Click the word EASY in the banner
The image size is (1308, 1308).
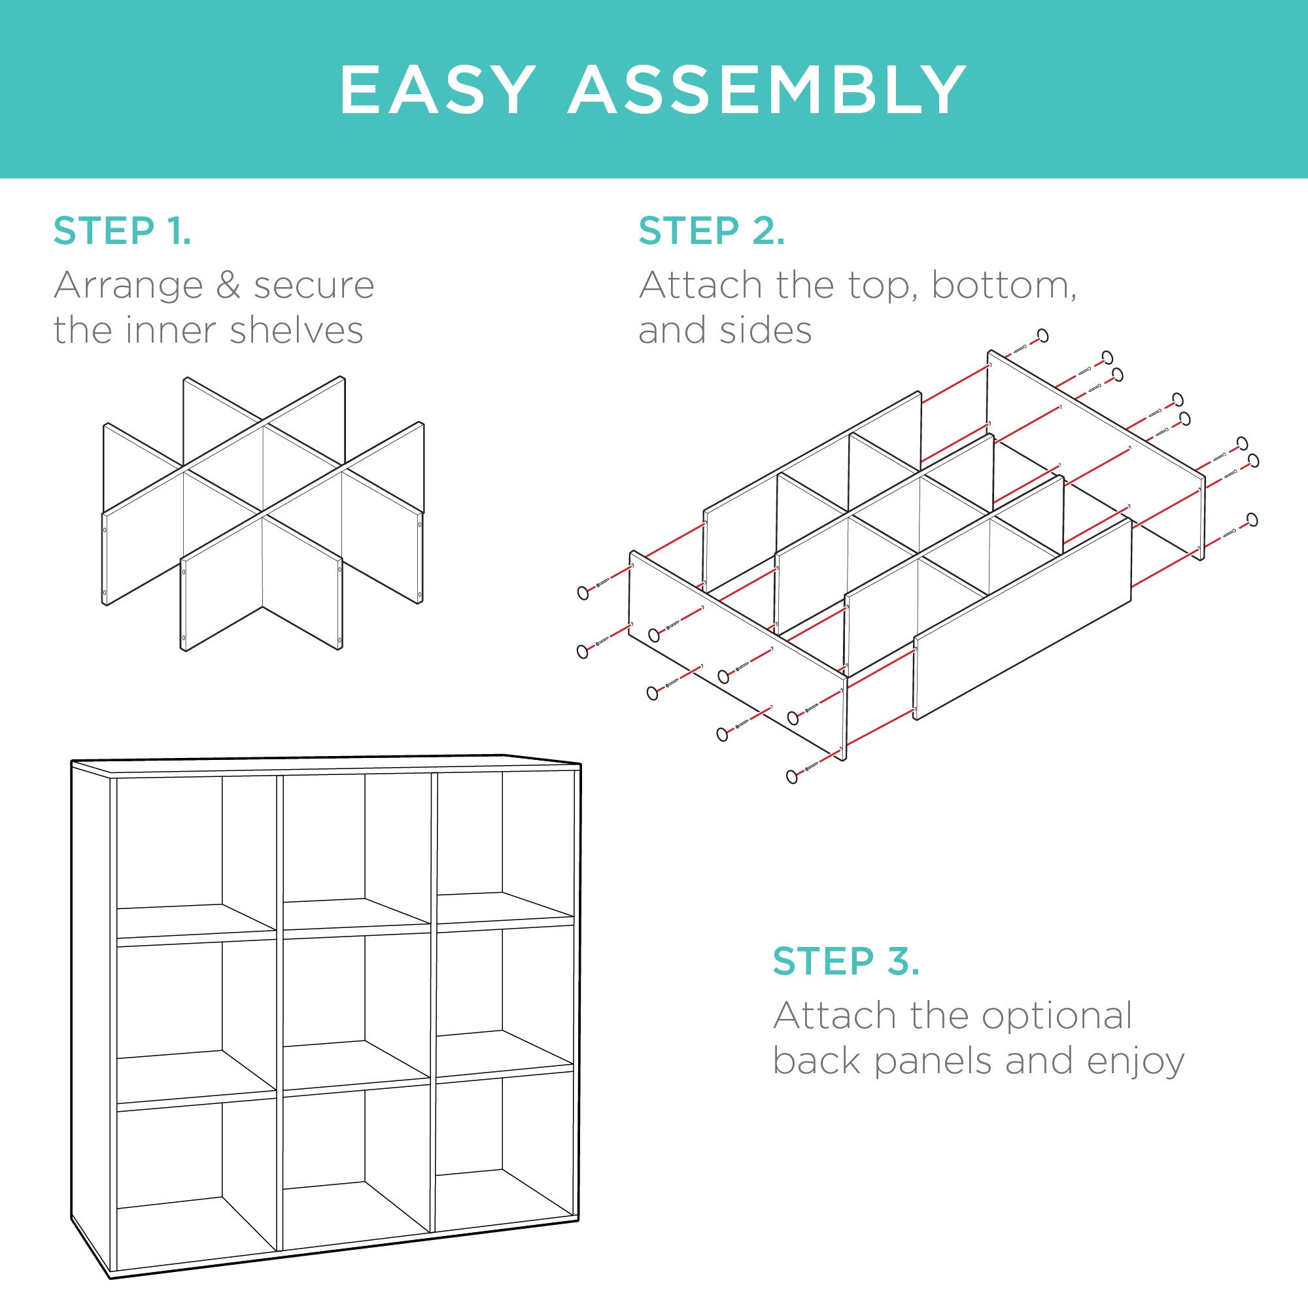point(437,90)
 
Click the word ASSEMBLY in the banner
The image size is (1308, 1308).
point(767,90)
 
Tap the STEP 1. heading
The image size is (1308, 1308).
point(122,231)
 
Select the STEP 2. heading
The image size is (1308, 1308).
point(712,231)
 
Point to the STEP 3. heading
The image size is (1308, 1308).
point(846,961)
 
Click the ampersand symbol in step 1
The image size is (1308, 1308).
point(228,285)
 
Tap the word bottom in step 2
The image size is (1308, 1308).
point(1003,285)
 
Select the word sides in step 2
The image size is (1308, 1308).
point(765,330)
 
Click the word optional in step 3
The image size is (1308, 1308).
point(1057,1016)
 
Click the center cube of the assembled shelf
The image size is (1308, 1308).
point(357,1008)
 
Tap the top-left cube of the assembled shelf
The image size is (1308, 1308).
point(196,857)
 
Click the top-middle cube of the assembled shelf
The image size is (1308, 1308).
point(357,850)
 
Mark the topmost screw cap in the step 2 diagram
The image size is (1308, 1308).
point(1043,335)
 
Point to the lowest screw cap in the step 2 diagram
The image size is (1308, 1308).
point(792,776)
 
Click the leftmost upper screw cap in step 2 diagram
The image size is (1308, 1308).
point(583,593)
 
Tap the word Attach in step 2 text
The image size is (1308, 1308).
point(700,285)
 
